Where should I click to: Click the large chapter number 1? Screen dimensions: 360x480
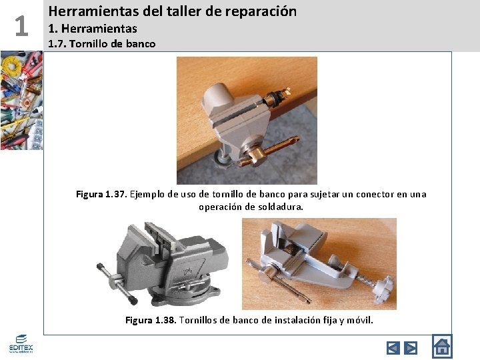[x=21, y=27]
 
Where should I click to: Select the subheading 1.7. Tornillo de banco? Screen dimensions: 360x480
[x=101, y=44]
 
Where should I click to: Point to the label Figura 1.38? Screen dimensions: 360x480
[x=151, y=320]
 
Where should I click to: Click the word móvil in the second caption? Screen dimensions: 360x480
[x=359, y=320]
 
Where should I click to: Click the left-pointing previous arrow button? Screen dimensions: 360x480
[x=393, y=347]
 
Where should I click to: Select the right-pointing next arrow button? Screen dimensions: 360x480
[x=411, y=347]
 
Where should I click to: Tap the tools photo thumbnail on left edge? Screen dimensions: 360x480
[x=21, y=100]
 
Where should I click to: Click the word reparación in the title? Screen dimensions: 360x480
[x=261, y=11]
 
